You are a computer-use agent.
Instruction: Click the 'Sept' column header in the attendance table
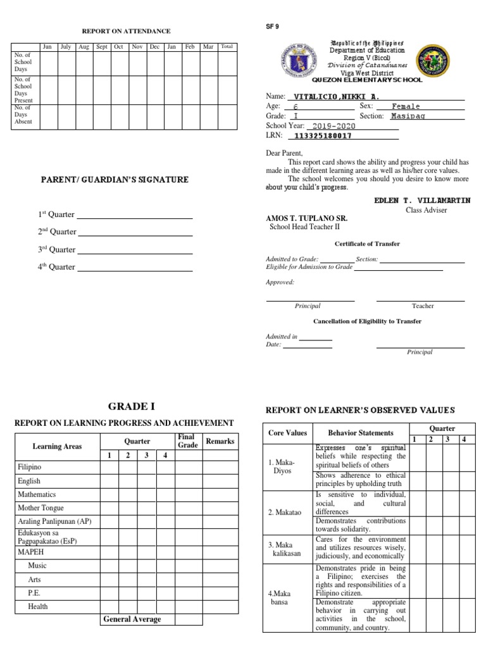(101, 47)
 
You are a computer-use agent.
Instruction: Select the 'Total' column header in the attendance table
(227, 47)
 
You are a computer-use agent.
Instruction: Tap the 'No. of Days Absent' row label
(23, 115)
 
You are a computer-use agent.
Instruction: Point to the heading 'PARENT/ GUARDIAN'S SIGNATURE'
(115, 180)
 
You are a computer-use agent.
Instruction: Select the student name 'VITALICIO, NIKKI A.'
(333, 96)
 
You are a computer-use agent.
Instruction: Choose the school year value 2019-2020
(333, 126)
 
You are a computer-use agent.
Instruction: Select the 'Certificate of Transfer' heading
(367, 244)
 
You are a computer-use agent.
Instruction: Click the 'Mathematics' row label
(37, 494)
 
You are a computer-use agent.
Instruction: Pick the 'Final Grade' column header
(186, 441)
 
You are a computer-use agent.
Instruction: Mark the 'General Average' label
(132, 620)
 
